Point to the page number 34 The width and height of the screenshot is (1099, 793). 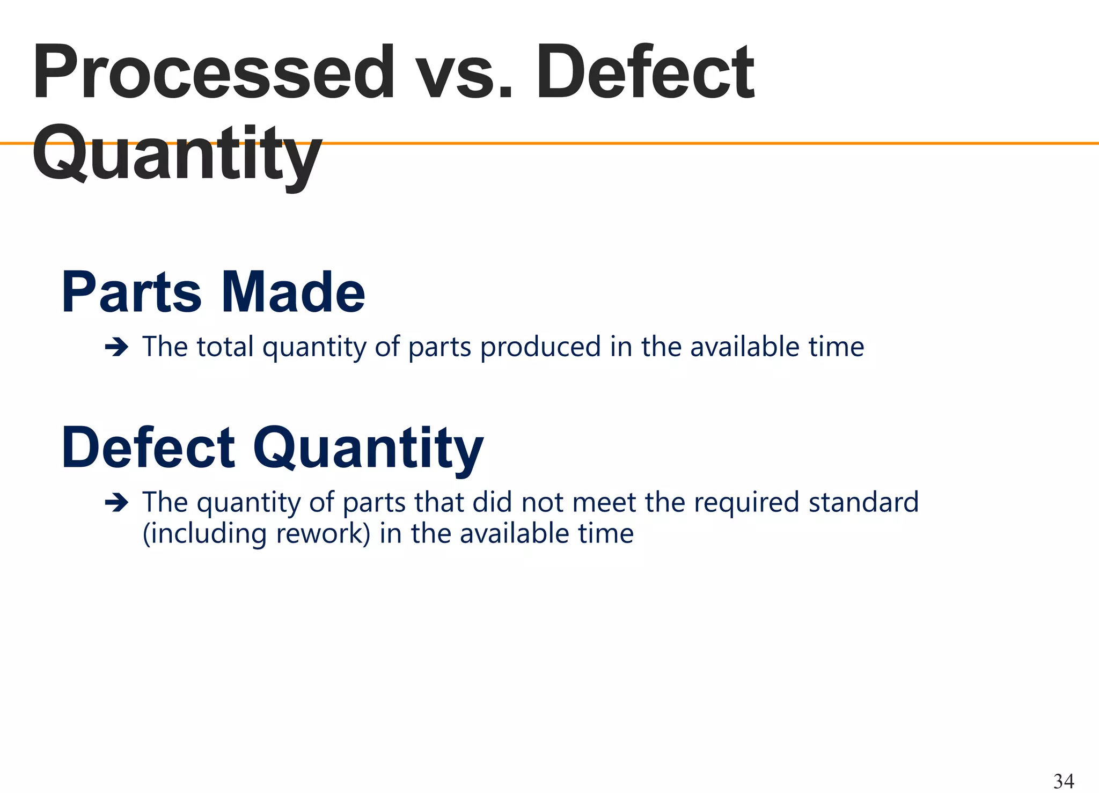tap(1064, 781)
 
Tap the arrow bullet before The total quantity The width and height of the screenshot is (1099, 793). tap(116, 348)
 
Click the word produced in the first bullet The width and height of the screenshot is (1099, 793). tap(540, 347)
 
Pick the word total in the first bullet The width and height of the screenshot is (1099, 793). tap(225, 347)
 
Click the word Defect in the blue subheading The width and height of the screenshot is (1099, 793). tap(148, 448)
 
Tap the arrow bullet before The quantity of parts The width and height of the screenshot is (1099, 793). tap(116, 503)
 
